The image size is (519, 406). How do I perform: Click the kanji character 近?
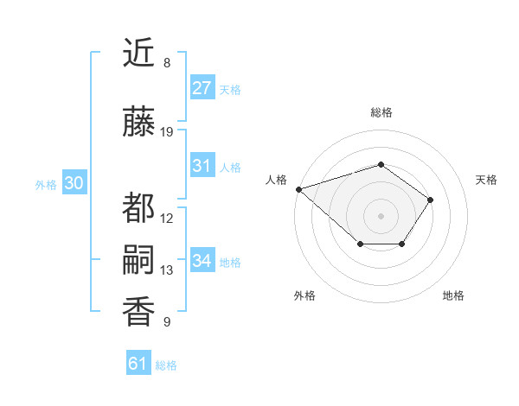click(x=138, y=54)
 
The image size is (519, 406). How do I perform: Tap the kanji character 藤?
click(x=138, y=124)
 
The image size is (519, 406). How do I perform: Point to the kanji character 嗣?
click(x=138, y=262)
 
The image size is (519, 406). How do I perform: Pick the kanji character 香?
click(x=138, y=312)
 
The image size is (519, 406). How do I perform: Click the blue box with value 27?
click(x=202, y=88)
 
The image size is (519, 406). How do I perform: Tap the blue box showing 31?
click(x=202, y=166)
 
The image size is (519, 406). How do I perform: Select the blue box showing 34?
click(x=202, y=261)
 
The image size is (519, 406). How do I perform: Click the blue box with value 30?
click(x=74, y=183)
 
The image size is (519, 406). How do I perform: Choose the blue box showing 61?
click(x=138, y=364)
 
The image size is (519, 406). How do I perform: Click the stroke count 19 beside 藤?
click(x=167, y=132)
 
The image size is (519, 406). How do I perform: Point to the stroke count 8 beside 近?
click(x=166, y=63)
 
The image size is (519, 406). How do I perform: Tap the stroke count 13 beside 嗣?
click(x=167, y=270)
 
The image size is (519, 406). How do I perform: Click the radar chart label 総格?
click(x=381, y=112)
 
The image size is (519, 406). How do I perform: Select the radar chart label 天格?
click(x=487, y=180)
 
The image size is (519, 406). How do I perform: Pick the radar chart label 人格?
click(x=276, y=180)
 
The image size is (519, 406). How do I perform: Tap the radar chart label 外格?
click(x=304, y=295)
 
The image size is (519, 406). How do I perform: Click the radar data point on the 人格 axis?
click(x=298, y=189)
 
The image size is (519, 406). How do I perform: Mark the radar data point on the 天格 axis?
click(x=431, y=200)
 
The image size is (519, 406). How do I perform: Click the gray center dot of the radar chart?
click(x=381, y=215)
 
